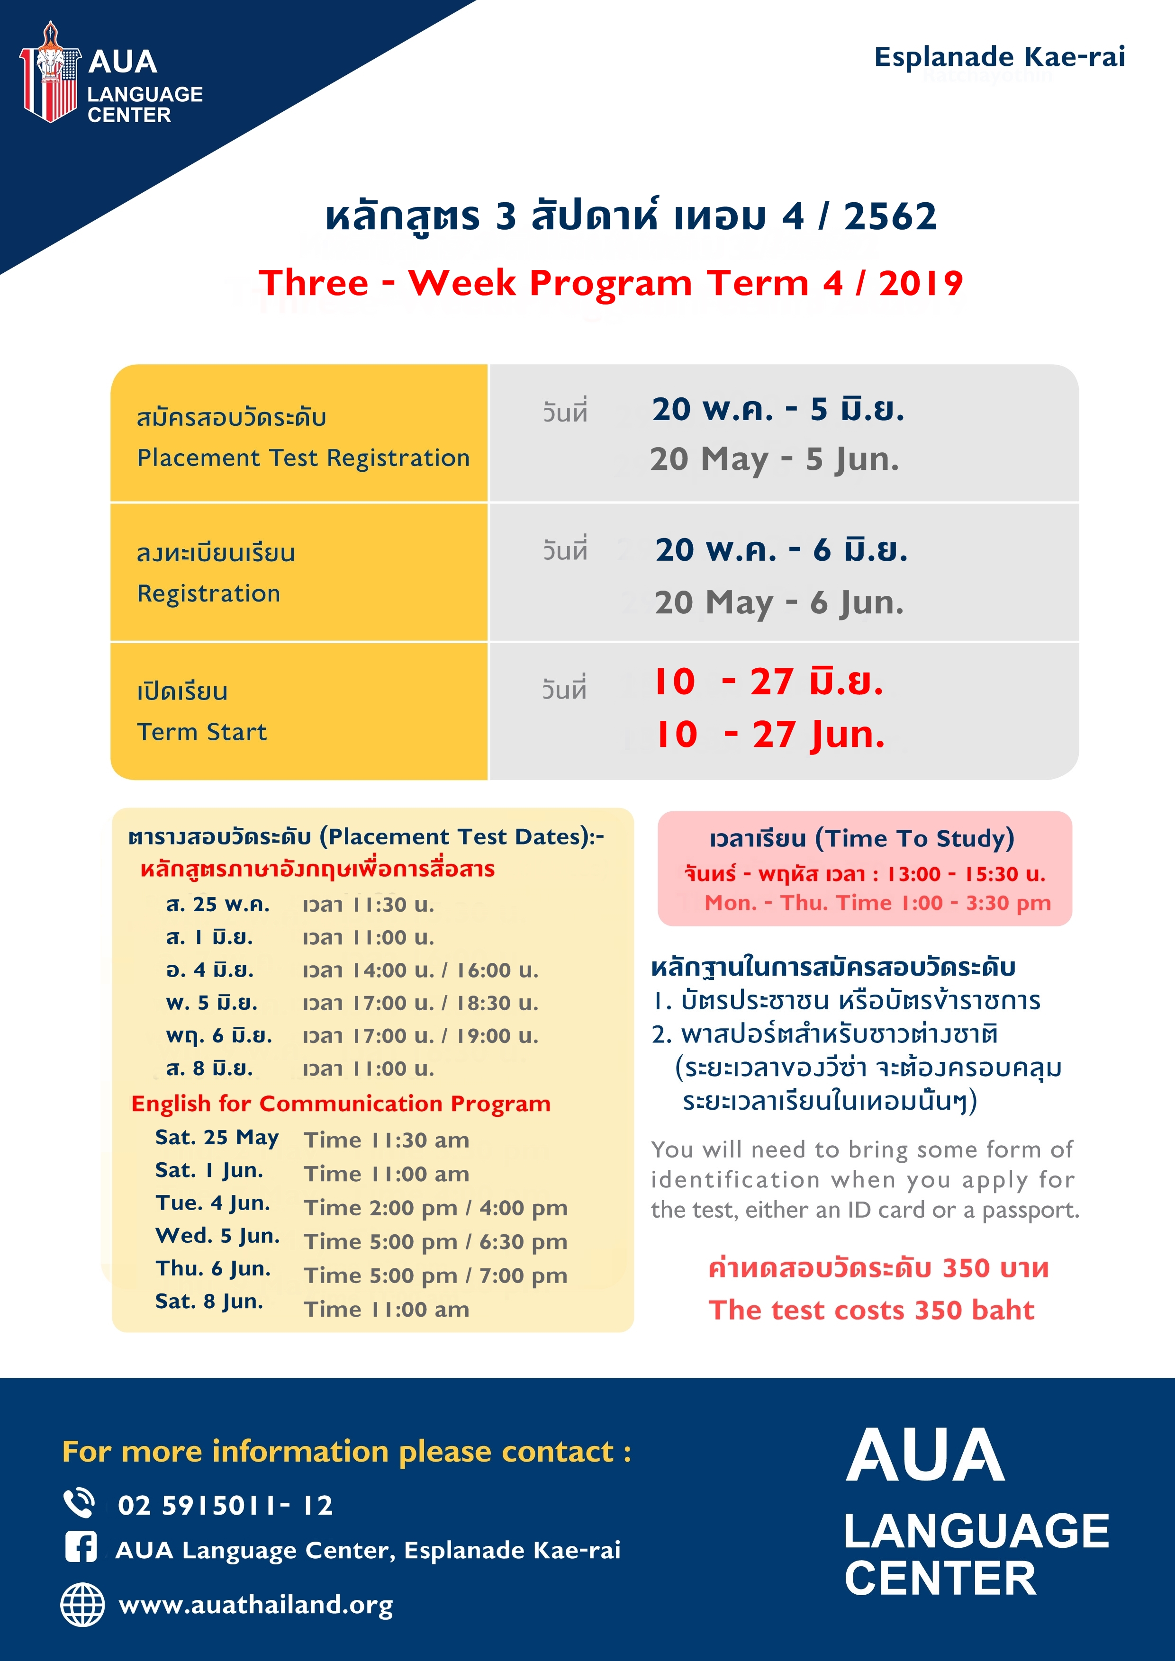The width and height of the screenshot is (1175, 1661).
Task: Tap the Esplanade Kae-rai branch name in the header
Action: coord(999,56)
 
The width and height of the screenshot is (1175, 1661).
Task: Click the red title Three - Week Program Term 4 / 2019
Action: coord(611,283)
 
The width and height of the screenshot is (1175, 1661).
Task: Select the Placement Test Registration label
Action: coord(303,458)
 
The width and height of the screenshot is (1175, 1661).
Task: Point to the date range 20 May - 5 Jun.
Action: coord(774,459)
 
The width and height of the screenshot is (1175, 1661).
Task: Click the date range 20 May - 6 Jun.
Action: coord(779,602)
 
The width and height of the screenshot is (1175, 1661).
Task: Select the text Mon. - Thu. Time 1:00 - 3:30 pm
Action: coord(877,903)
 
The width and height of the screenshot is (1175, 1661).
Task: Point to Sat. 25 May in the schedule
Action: coord(217,1138)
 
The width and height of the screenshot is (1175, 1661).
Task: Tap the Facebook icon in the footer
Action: coord(81,1549)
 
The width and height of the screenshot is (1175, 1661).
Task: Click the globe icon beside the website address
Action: coord(82,1605)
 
